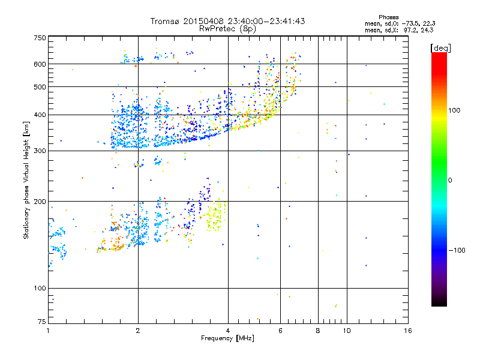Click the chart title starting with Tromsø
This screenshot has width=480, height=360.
point(227,21)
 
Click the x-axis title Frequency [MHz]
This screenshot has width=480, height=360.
point(227,339)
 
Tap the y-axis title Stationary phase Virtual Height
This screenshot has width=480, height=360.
point(26,180)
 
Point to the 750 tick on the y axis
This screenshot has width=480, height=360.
point(40,38)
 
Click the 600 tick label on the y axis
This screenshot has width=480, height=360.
point(40,64)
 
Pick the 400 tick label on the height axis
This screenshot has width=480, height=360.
point(40,115)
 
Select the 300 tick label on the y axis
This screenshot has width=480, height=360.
point(40,151)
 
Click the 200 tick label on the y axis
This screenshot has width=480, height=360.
point(40,202)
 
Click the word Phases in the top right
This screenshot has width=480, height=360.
point(389,17)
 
